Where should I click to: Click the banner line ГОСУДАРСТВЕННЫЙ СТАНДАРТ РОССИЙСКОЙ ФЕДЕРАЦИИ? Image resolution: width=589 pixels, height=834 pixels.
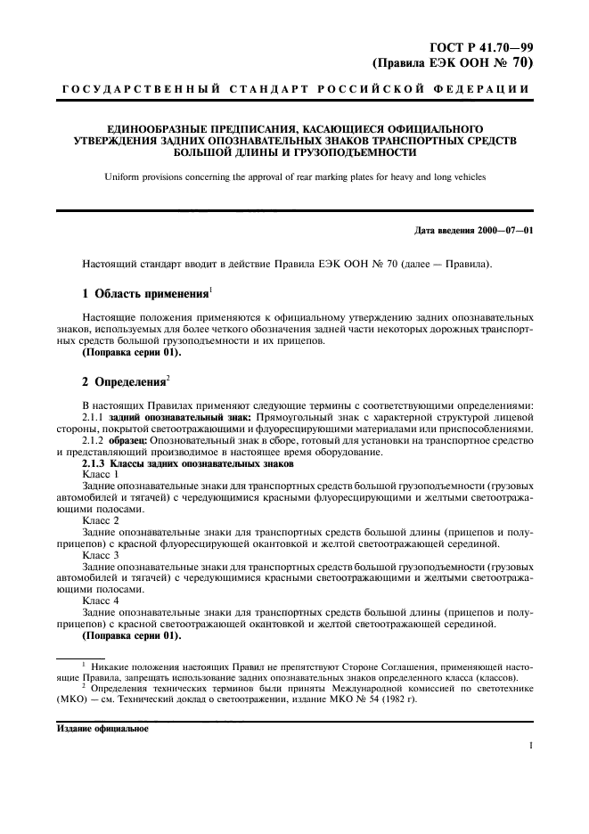pyautogui.click(x=294, y=90)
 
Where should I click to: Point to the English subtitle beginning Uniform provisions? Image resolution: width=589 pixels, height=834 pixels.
pyautogui.click(x=294, y=177)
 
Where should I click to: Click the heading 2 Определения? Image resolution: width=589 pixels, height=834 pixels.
pyautogui.click(x=123, y=382)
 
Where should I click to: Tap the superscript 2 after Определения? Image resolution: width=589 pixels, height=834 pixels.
pyautogui.click(x=167, y=378)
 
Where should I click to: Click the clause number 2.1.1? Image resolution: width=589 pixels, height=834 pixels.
pyautogui.click(x=93, y=417)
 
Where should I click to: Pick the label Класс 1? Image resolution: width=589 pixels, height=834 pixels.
pyautogui.click(x=101, y=475)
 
